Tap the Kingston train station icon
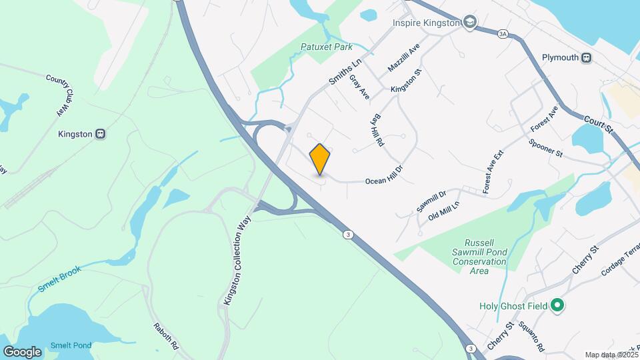101,133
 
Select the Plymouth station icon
586,57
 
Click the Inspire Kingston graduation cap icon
471,23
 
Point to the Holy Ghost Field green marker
558,306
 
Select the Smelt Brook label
59,279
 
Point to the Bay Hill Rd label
378,129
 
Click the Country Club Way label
58,93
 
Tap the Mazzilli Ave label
404,58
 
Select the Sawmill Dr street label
431,201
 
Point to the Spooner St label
545,148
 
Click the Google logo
23,351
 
